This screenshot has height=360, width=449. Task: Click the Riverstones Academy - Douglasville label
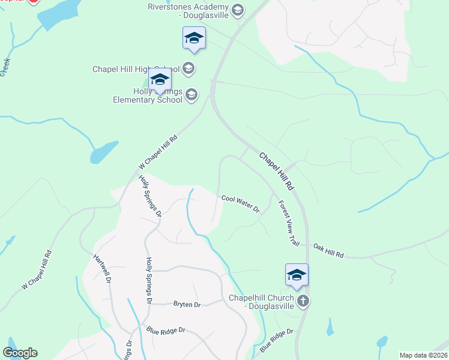coord(190,11)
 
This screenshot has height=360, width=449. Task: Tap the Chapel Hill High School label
coord(136,69)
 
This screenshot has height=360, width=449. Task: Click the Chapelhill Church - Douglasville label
coord(262,302)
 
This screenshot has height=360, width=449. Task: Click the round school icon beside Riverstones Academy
coord(238,9)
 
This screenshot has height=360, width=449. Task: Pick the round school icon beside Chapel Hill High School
coord(188,68)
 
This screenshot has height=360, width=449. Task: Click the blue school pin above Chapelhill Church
coord(297,274)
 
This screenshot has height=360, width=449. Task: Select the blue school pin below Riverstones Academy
coord(194,38)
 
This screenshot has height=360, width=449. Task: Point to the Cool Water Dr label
coord(240,204)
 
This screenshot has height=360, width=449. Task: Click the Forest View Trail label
coord(289,223)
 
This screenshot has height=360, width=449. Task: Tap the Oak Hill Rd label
coord(328,251)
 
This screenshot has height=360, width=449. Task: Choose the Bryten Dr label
coord(187,305)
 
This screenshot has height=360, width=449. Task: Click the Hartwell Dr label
coord(103,268)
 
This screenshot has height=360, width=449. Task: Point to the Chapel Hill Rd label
coord(276,171)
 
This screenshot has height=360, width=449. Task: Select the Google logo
coord(20,353)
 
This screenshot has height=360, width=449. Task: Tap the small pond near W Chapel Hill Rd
coord(104,152)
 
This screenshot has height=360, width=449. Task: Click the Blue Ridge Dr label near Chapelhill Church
coord(276,340)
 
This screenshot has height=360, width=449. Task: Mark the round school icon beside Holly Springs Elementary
coord(191,94)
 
